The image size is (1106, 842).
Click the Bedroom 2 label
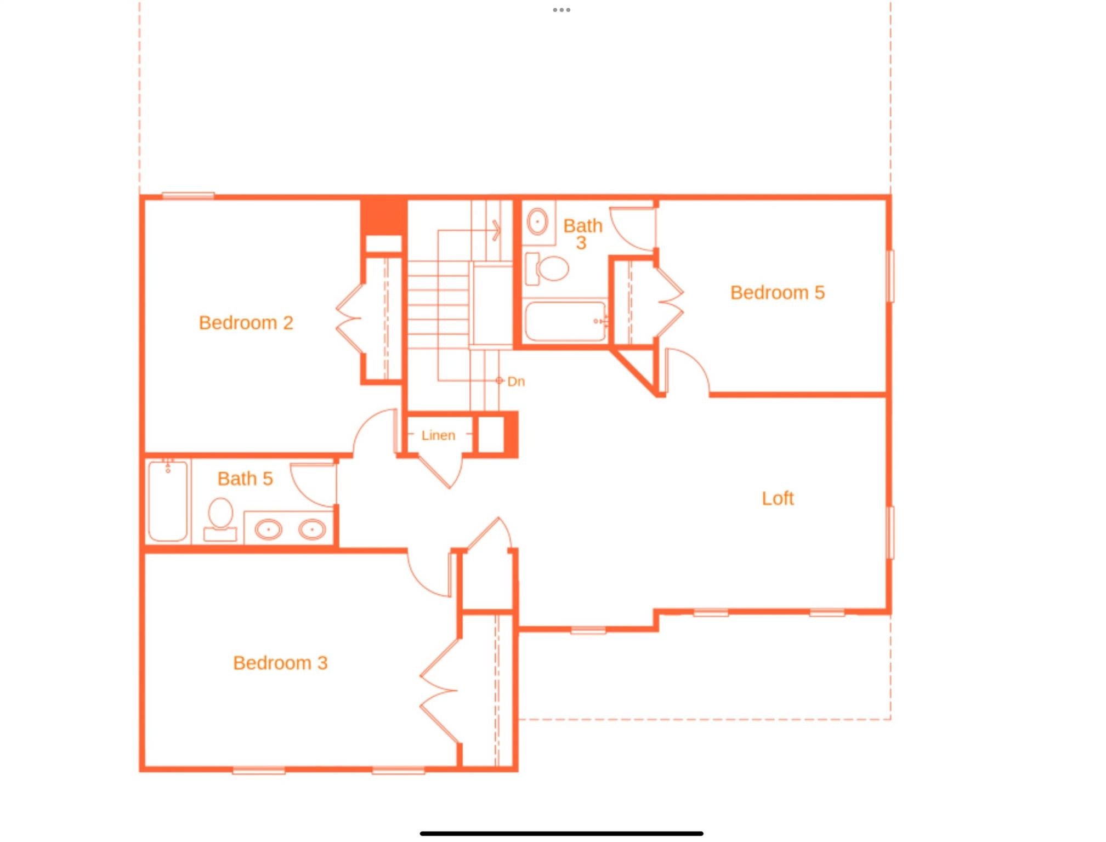pos(246,323)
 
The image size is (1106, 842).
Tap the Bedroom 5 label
pos(777,293)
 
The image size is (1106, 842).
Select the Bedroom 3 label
pos(280,663)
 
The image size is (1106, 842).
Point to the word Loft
pos(778,498)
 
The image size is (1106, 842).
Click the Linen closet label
pos(438,435)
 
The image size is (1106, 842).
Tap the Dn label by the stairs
pos(515,382)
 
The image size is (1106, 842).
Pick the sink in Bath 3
pos(537,221)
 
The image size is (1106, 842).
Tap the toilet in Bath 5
pos(220,518)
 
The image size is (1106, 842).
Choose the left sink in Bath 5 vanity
pos(268,530)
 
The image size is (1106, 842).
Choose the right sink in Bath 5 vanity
pos(312,530)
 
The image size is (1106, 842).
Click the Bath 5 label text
pos(245,479)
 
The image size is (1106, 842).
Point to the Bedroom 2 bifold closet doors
pos(350,318)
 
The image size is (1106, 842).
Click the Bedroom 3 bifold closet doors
pos(439,691)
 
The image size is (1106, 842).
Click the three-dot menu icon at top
pos(561,10)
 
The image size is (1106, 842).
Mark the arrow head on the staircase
pos(496,230)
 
